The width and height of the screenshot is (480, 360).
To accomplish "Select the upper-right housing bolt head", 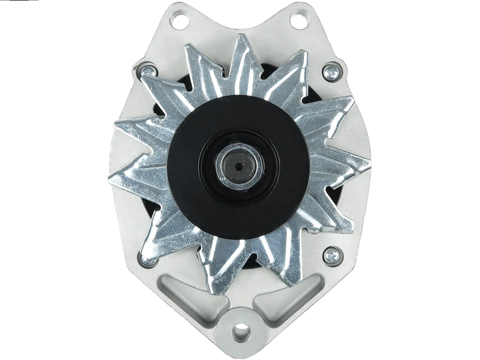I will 329,73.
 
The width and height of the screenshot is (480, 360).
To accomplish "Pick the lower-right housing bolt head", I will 330,256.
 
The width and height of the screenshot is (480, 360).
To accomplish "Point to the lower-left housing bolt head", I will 146,259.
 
